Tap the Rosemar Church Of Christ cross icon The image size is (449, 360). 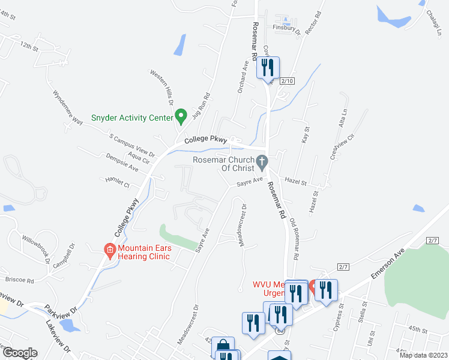[261, 161]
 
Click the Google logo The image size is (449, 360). [19, 353]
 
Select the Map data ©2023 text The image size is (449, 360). [423, 355]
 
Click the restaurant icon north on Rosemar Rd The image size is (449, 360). [268, 68]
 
